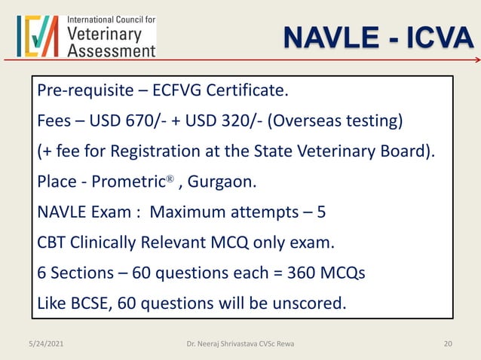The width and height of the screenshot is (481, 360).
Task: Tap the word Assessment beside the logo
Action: tap(112, 50)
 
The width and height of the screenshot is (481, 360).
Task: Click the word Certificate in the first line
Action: tap(248, 93)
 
